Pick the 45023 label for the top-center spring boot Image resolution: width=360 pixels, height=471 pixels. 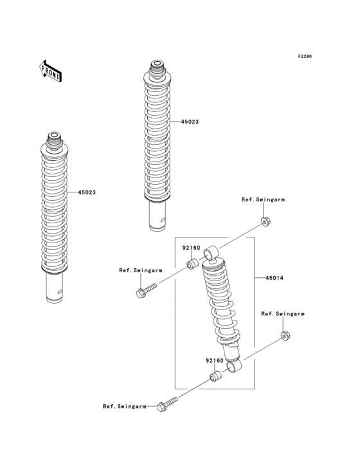click(190, 121)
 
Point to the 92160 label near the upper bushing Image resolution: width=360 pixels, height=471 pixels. click(191, 246)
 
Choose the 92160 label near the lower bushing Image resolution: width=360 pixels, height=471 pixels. click(215, 361)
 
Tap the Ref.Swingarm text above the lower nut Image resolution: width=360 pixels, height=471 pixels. click(283, 313)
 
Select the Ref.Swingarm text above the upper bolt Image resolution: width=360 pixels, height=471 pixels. click(140, 271)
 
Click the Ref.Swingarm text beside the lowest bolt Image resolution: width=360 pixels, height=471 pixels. click(125, 406)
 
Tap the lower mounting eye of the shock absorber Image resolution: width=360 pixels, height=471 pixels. click(235, 366)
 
